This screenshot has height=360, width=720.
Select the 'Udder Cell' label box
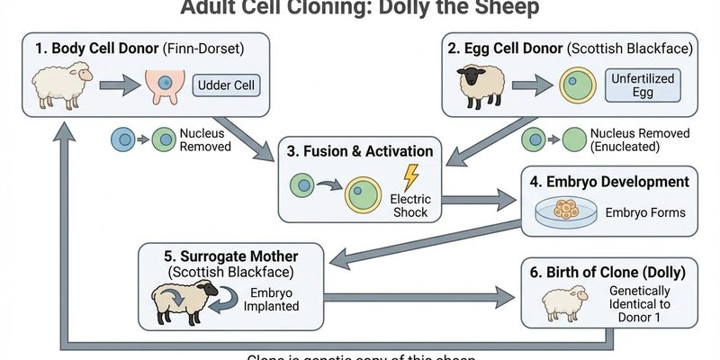click(x=225, y=87)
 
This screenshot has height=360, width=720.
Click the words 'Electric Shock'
click(x=409, y=205)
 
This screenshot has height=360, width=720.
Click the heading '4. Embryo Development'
click(x=610, y=182)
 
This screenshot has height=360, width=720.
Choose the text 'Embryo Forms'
click(x=645, y=213)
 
